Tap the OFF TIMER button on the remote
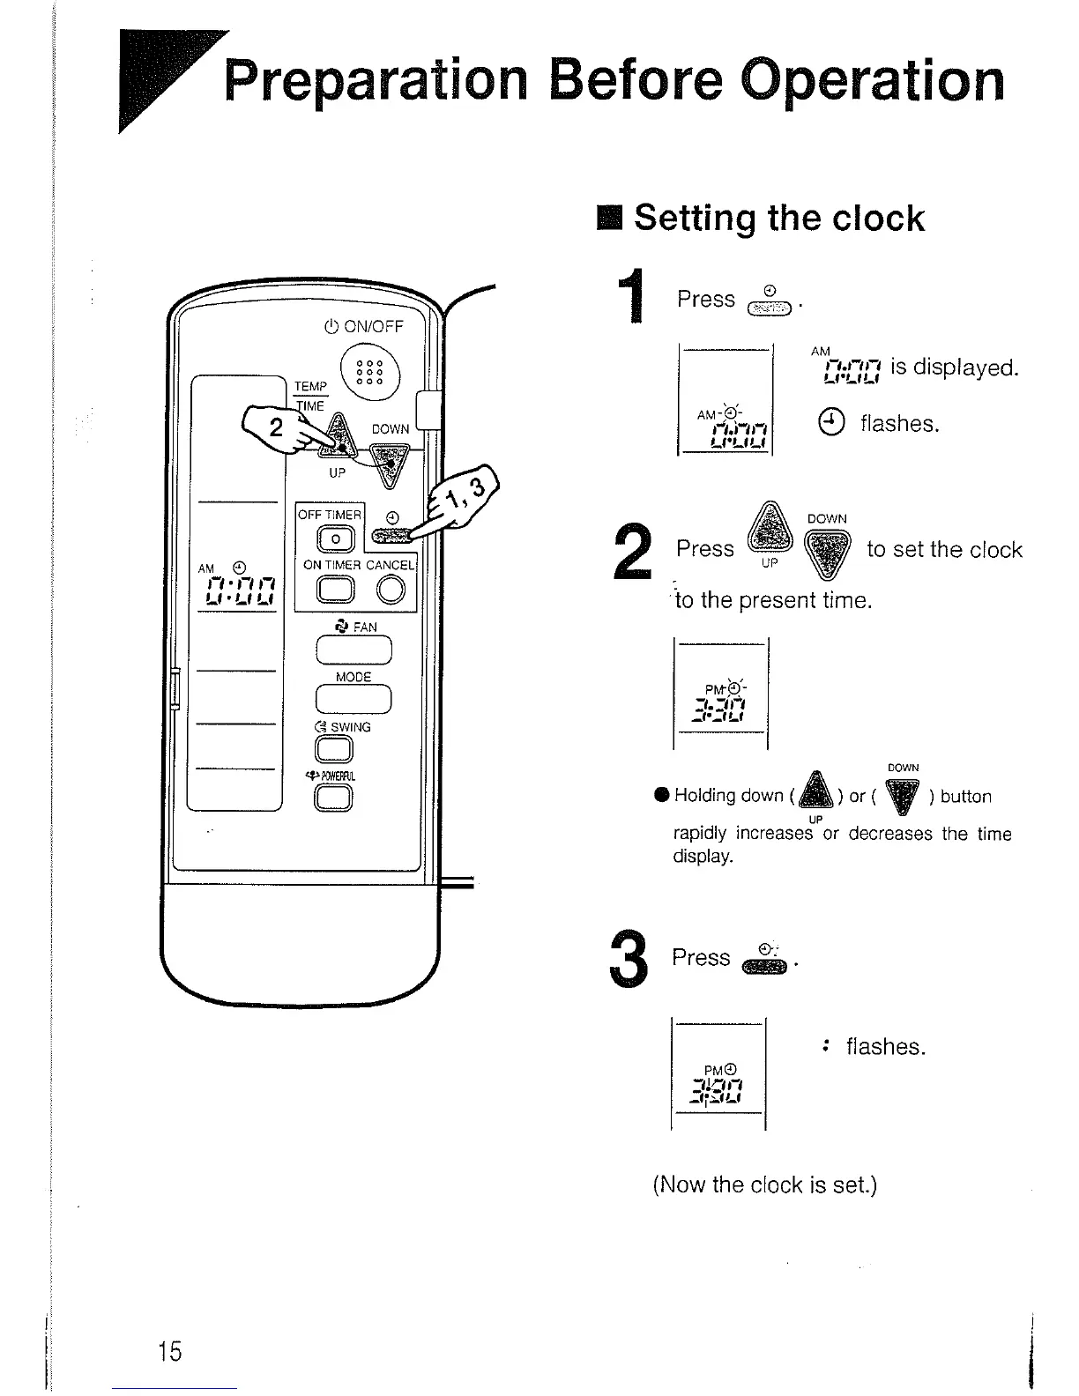335,539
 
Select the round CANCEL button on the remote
391,590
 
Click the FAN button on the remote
353,650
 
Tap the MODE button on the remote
353,699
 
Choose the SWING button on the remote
335,749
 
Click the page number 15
169,1350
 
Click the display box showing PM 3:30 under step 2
721,694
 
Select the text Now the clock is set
764,1184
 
